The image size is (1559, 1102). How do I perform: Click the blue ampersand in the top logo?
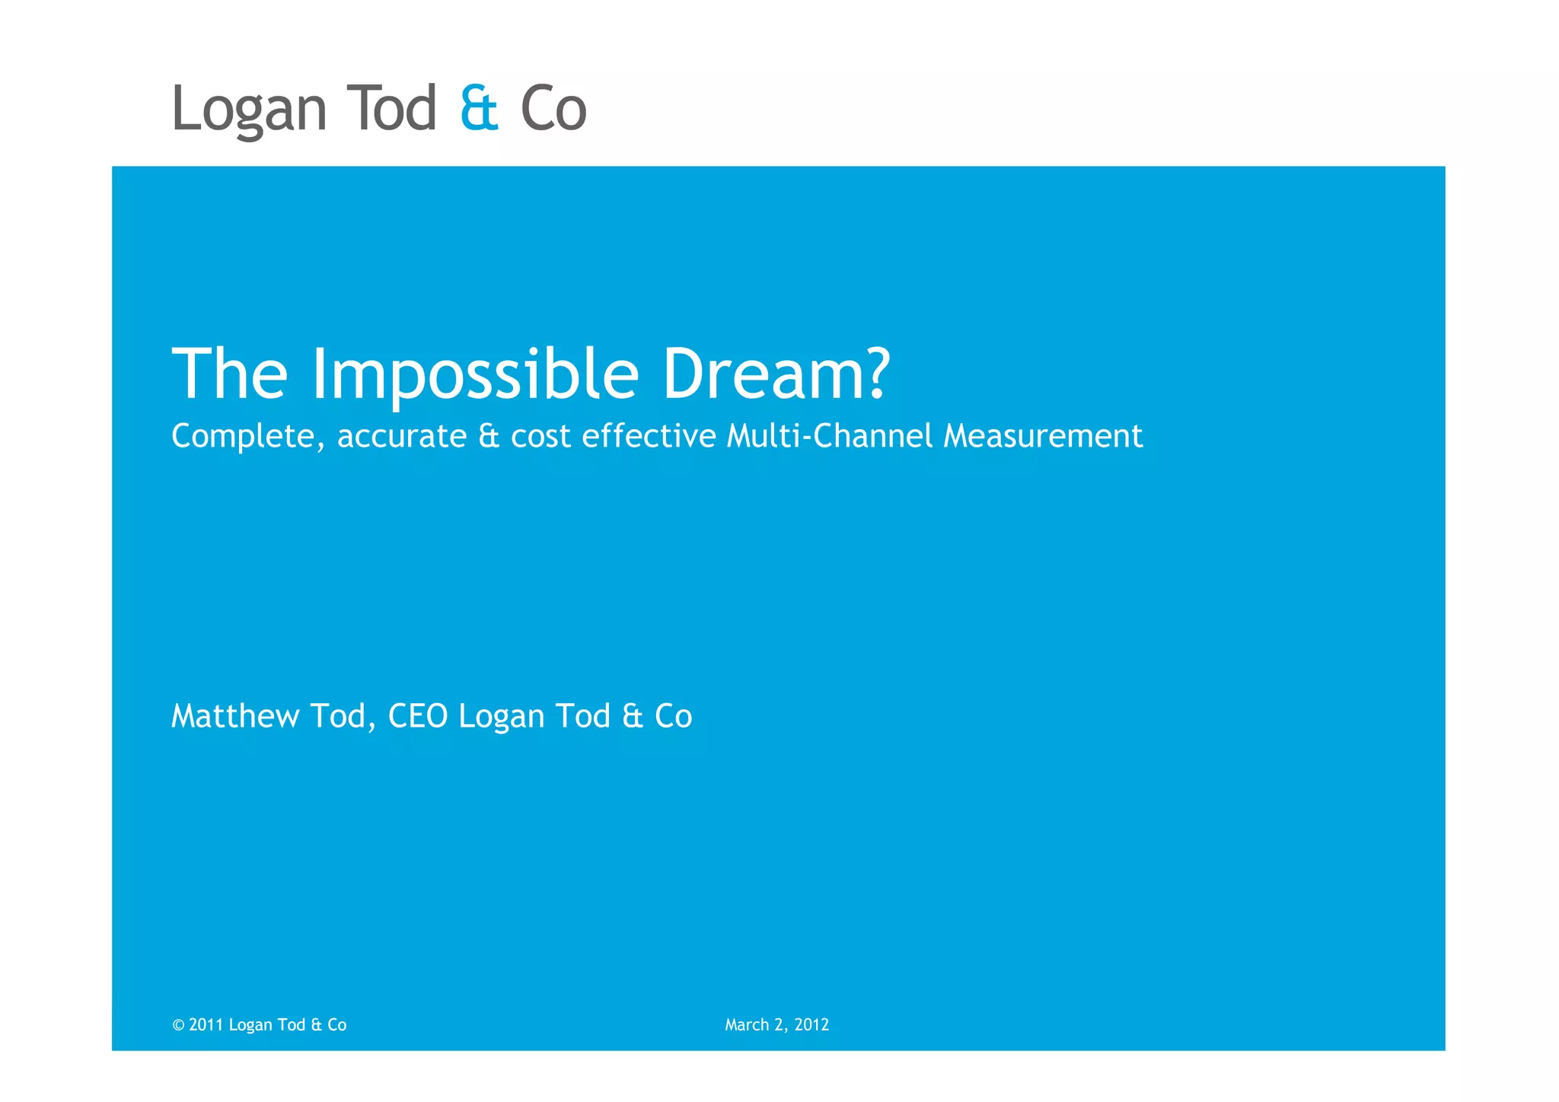click(x=479, y=109)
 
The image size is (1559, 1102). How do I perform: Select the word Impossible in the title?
click(x=475, y=374)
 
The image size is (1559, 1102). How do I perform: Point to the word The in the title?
click(x=230, y=374)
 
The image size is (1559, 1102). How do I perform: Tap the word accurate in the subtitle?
click(x=401, y=437)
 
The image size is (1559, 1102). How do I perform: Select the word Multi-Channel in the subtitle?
click(x=829, y=436)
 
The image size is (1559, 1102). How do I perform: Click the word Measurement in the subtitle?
click(x=1043, y=436)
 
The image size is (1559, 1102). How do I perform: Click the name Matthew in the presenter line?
click(x=235, y=716)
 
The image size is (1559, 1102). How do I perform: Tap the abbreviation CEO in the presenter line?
click(x=418, y=716)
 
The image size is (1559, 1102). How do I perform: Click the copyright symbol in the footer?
click(x=178, y=1025)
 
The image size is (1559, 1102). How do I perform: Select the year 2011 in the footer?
click(x=206, y=1025)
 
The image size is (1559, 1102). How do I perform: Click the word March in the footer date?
click(x=747, y=1025)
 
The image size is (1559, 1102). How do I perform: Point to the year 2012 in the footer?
click(x=811, y=1025)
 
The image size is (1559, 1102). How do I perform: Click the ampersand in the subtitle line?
click(x=489, y=436)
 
